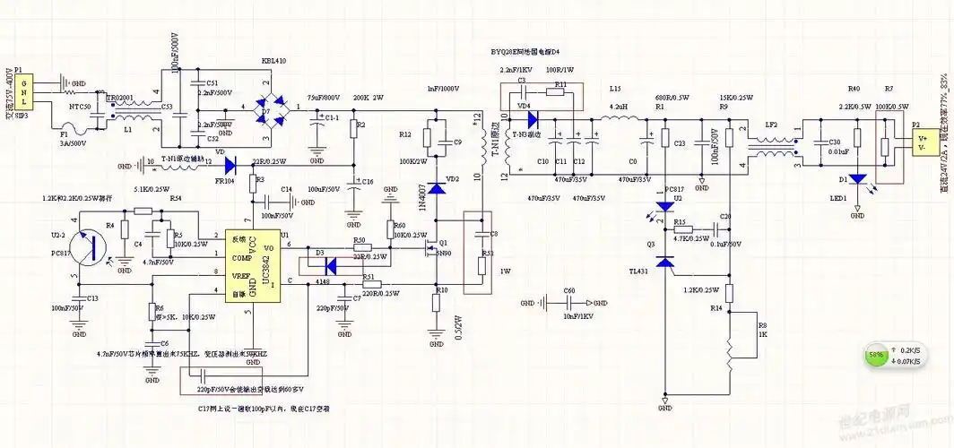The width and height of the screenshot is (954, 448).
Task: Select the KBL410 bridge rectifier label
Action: (x=273, y=62)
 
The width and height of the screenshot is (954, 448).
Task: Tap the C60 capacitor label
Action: (x=568, y=290)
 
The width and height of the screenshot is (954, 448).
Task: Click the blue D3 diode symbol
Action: (x=332, y=265)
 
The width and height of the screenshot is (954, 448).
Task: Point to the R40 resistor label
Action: (x=854, y=90)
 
